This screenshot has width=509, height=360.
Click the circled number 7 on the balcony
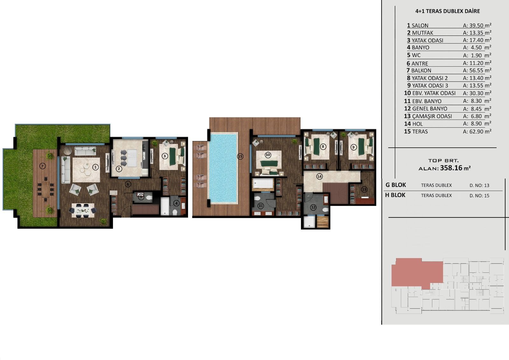pyautogui.click(x=42, y=166)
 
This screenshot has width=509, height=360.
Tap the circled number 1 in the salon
pyautogui.click(x=95, y=167)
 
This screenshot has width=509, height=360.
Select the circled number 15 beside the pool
pyautogui.click(x=240, y=156)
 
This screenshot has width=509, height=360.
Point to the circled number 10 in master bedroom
pyautogui.click(x=268, y=155)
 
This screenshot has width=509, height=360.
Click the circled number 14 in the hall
pyautogui.click(x=319, y=176)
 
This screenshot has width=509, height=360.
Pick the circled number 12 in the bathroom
pyautogui.click(x=313, y=207)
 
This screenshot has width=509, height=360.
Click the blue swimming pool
pyautogui.click(x=223, y=168)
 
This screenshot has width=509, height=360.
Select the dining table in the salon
pyautogui.click(x=83, y=210)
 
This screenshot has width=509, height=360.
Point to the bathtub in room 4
pyautogui.click(x=165, y=206)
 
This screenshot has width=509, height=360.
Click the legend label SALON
pyautogui.click(x=420, y=25)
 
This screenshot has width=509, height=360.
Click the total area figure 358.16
pyautogui.click(x=451, y=168)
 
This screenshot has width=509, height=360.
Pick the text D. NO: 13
pyautogui.click(x=479, y=185)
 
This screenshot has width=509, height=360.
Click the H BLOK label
pyautogui.click(x=395, y=195)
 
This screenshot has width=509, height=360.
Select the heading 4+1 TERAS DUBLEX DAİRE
pyautogui.click(x=447, y=11)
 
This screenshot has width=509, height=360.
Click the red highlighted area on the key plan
pyautogui.click(x=417, y=272)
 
